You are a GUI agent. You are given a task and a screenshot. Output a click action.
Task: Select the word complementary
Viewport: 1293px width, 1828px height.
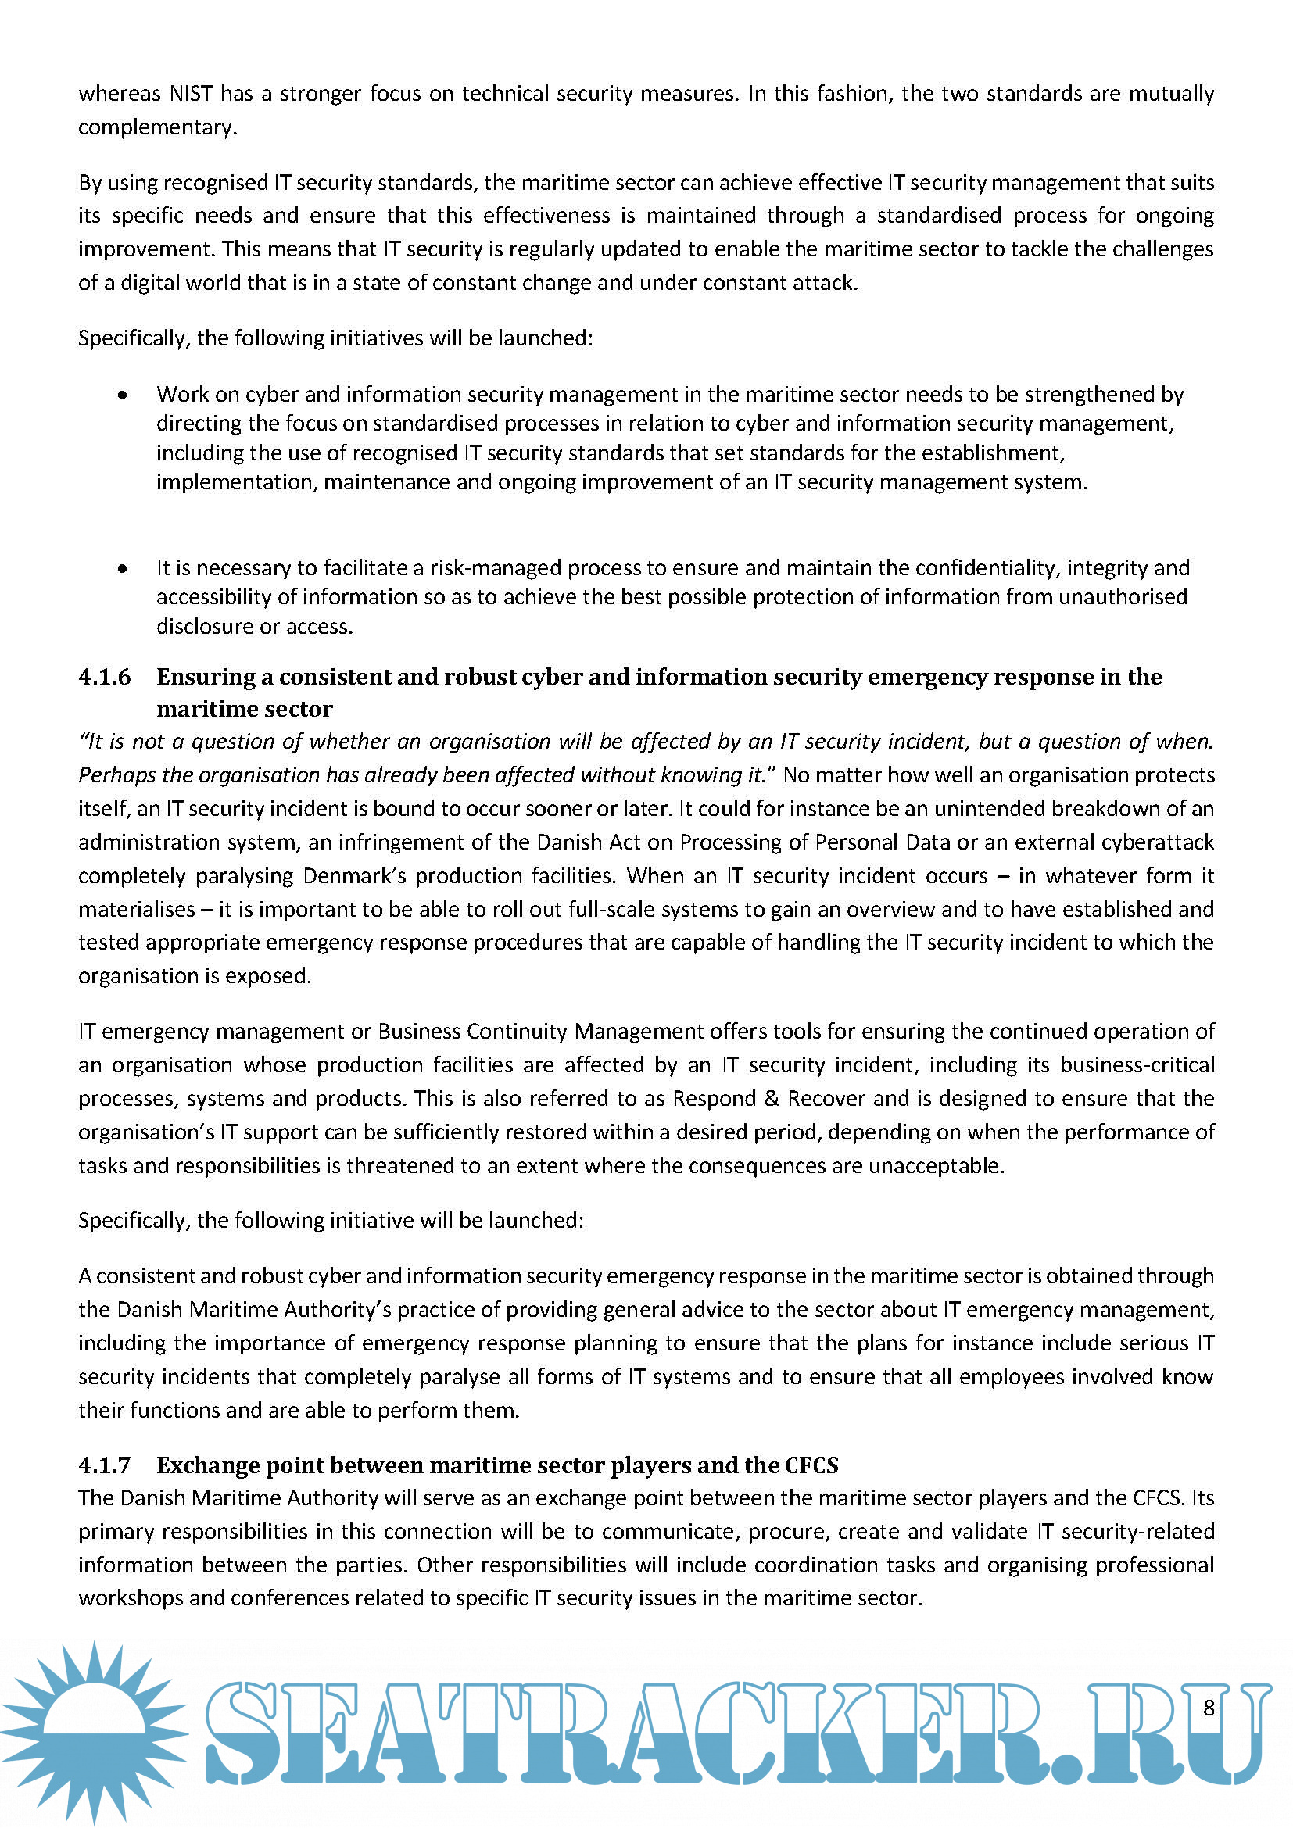157,127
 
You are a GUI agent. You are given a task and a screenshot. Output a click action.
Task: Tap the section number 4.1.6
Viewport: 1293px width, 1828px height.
104,677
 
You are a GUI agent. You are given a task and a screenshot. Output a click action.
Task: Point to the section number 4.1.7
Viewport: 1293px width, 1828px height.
104,1465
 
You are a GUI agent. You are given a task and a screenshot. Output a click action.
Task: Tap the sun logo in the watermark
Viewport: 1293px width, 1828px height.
94,1733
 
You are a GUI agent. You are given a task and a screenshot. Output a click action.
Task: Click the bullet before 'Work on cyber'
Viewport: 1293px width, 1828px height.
122,395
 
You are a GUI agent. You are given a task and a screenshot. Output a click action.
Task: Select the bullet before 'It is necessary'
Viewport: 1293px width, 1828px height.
122,568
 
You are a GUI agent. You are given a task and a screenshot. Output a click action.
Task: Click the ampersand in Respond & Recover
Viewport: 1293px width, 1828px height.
771,1099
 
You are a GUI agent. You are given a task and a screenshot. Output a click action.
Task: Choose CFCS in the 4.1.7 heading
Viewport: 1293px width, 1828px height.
812,1465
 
